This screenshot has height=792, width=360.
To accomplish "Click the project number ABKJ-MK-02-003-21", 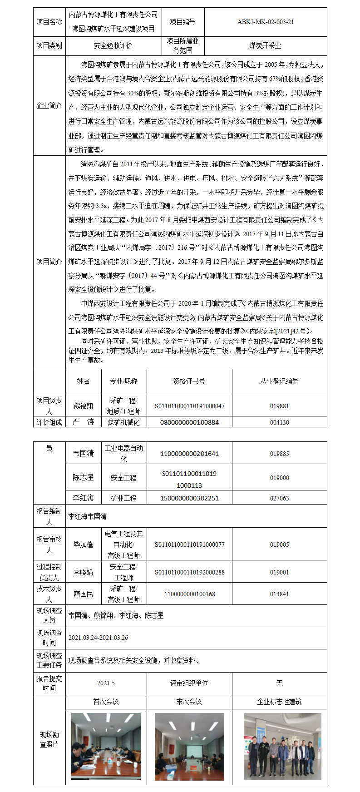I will (265, 22).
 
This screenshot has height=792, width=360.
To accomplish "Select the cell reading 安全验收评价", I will (113, 46).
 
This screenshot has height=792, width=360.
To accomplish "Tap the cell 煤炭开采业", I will (265, 46).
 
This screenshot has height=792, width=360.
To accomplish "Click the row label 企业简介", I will (49, 106).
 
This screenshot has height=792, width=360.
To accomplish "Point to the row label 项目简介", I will (49, 262).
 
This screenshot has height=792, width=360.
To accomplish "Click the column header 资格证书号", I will (189, 381).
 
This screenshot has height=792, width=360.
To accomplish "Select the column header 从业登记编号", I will (279, 381).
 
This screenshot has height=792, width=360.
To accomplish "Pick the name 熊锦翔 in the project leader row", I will (84, 406).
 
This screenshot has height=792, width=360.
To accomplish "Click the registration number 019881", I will (279, 406).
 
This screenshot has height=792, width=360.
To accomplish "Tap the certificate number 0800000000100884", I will (189, 422).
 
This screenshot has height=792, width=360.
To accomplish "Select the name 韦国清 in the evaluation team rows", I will (84, 453).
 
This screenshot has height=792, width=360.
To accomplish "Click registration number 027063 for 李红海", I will (279, 498).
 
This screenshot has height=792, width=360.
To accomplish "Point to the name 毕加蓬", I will (84, 544).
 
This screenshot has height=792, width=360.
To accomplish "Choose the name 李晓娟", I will (84, 572).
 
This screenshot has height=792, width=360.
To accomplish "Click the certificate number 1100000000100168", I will (189, 594).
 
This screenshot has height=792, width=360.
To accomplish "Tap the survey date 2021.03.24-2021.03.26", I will (98, 638).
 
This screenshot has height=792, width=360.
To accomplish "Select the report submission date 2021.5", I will (106, 683).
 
